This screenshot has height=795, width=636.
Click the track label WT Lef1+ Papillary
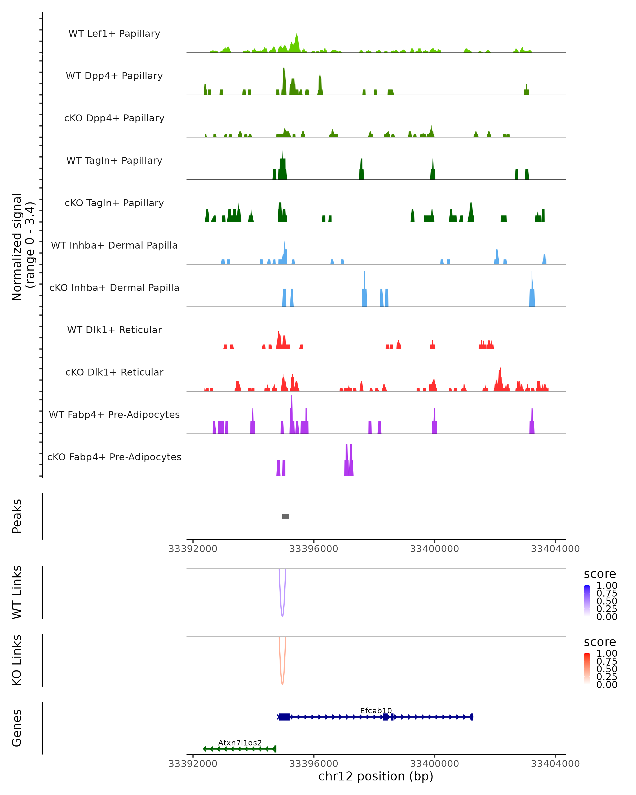point(114,34)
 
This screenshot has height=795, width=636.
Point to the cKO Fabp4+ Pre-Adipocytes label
point(114,457)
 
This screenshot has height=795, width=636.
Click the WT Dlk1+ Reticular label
point(114,330)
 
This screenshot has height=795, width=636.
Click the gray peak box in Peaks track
point(285,516)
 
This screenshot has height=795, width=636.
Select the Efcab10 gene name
point(376,710)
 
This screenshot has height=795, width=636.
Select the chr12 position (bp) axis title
point(376,776)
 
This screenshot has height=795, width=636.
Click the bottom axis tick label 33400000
point(434,764)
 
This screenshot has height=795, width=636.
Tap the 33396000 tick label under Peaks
point(313,549)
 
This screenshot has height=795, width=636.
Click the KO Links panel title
point(17,660)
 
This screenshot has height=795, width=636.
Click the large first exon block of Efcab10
point(284,717)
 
